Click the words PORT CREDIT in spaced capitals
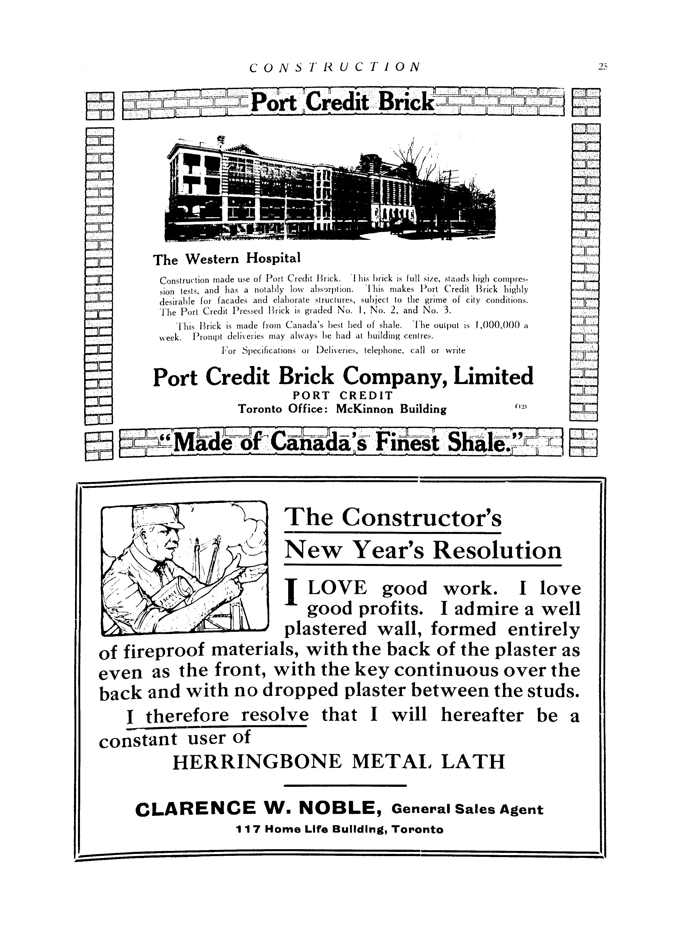point(342,395)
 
